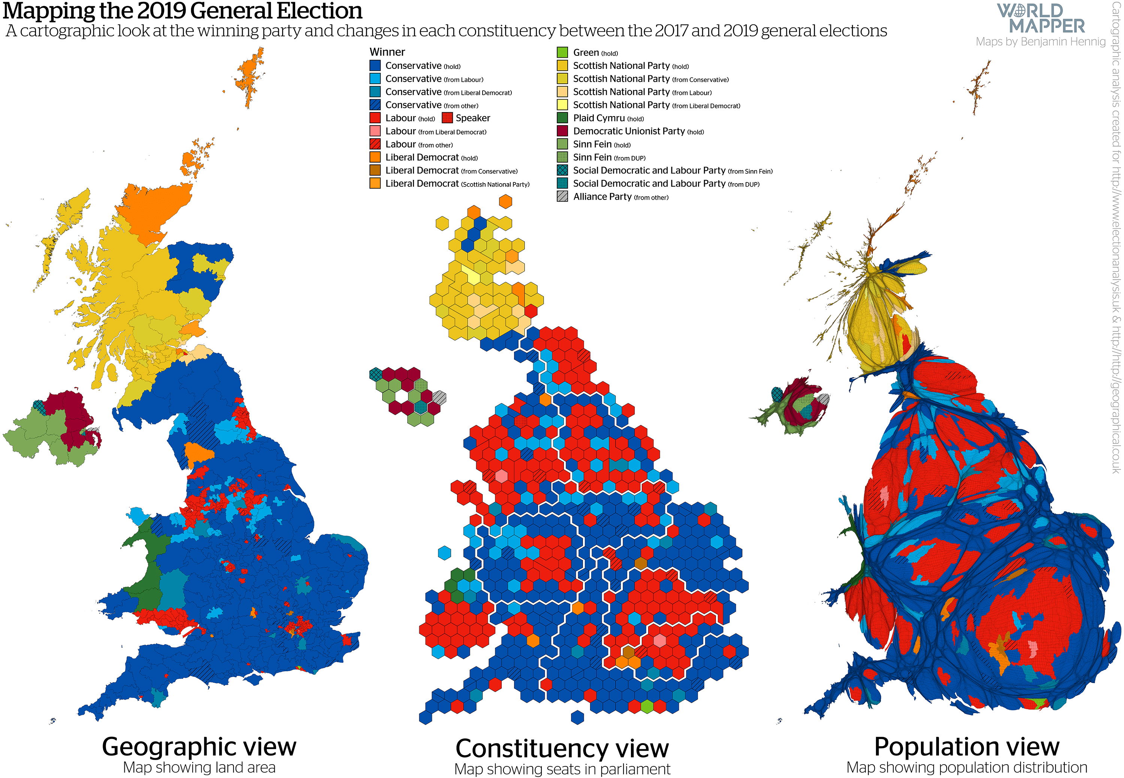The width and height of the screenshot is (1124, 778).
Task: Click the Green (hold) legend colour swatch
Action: (562, 52)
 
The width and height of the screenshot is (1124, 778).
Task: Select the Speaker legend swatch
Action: (447, 118)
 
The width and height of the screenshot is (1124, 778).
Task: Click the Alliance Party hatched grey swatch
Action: (562, 196)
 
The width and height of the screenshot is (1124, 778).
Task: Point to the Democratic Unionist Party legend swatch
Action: (562, 131)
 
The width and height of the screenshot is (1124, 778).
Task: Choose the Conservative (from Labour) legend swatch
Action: (375, 79)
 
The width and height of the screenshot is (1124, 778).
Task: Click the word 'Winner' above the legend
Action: (387, 52)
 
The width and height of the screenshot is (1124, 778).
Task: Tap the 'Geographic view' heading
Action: (199, 746)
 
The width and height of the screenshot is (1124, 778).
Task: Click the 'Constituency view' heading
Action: (562, 748)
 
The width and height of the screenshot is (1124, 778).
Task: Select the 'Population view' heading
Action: (967, 746)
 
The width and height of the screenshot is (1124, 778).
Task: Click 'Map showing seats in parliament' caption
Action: (562, 769)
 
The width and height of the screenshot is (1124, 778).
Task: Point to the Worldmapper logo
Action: (1040, 18)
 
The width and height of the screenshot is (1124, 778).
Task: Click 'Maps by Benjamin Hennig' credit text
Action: (1040, 42)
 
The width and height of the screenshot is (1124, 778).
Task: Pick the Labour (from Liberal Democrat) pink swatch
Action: (375, 131)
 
